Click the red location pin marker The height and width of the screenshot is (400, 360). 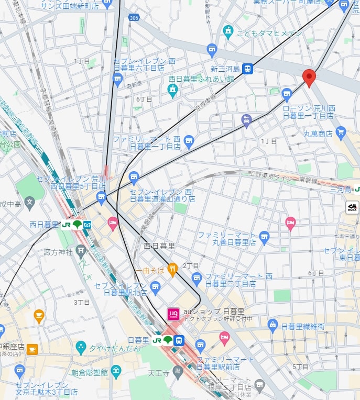(309, 77)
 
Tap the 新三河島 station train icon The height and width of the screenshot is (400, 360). (247, 69)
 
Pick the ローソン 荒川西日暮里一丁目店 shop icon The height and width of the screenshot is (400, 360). (287, 95)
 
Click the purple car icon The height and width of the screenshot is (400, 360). (246, 121)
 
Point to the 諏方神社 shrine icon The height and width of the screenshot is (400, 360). (80, 252)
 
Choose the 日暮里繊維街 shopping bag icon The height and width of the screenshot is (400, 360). (272, 326)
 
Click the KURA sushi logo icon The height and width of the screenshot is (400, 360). (353, 207)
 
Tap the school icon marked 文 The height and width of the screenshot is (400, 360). (30, 202)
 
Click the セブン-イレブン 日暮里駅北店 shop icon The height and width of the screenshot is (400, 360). (155, 286)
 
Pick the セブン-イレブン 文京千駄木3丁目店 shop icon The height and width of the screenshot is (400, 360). (19, 372)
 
